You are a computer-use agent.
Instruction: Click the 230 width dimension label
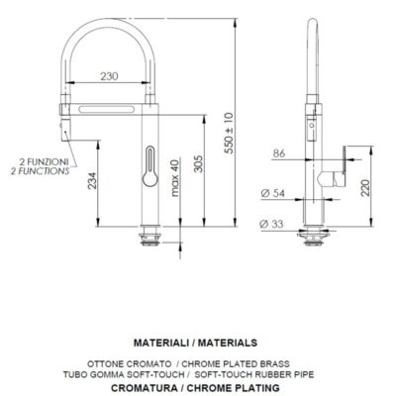109,76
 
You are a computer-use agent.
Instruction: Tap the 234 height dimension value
93,180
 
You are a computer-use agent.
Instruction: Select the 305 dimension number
198,163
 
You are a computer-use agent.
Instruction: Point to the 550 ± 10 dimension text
229,133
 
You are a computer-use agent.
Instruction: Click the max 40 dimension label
175,177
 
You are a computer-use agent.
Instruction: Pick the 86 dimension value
279,153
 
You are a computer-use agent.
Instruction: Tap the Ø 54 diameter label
272,193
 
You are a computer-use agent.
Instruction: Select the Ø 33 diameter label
271,224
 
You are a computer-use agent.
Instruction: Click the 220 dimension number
365,188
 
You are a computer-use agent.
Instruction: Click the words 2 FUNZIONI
44,162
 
